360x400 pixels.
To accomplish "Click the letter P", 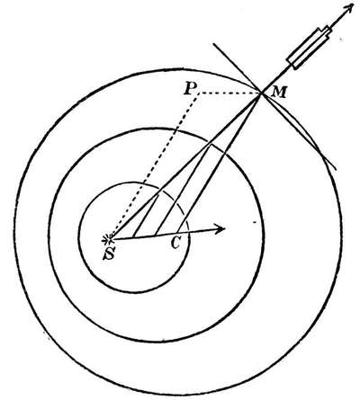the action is click(190, 89).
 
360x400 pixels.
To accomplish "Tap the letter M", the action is click(279, 93).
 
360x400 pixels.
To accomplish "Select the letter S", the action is click(110, 254).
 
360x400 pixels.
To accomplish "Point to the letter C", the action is click(175, 244).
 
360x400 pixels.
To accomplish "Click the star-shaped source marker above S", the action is click(108, 239).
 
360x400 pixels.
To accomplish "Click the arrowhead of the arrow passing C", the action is click(220, 229).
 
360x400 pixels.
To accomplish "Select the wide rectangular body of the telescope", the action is click(307, 47).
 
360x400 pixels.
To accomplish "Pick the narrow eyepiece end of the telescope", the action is click(327, 31).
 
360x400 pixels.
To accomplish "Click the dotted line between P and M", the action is click(229, 93).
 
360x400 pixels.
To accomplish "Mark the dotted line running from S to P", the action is click(155, 164).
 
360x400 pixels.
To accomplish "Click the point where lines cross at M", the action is click(262, 93).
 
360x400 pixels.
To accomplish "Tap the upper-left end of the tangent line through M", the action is click(213, 44).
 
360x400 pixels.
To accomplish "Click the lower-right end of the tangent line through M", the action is click(336, 169).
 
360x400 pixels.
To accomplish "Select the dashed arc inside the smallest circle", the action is click(177, 204).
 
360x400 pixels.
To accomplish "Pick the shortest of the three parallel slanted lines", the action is click(146, 216).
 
